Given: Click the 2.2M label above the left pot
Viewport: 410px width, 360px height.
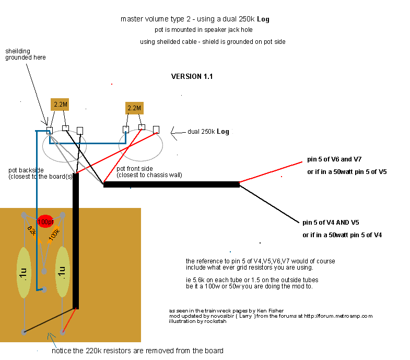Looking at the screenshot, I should tap(61, 104).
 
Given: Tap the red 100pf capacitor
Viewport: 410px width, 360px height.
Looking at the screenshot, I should tap(45, 222).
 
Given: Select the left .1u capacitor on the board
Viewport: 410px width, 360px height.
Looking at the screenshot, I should tap(24, 272).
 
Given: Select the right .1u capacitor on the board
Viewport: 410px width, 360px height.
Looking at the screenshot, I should tap(63, 272).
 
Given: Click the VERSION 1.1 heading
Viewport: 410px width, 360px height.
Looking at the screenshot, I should tap(192, 77).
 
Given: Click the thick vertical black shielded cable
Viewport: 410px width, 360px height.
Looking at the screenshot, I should tap(76, 240).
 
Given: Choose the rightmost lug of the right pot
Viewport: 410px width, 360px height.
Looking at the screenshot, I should tap(156, 129).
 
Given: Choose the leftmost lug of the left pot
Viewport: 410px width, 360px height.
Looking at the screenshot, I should tap(50, 129).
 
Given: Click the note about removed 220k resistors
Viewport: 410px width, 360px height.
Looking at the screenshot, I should tap(137, 351).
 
